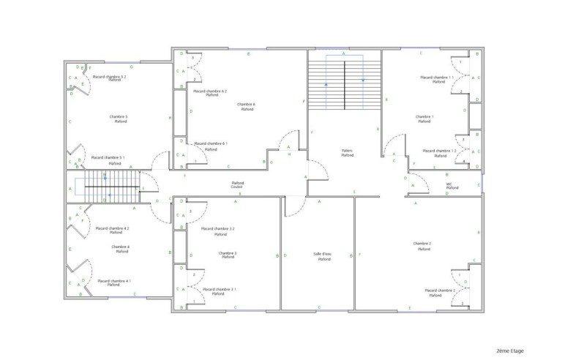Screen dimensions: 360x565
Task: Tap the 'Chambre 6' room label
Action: coord(246,105)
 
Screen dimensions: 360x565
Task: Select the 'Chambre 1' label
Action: coord(424,116)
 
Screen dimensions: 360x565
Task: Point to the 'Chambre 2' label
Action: coord(422,244)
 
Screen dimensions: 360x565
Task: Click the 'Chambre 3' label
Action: coord(228,253)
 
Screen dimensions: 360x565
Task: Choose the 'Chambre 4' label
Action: coord(121,247)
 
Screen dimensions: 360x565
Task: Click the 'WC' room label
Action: coord(451,184)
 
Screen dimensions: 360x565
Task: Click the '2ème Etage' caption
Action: coord(510,350)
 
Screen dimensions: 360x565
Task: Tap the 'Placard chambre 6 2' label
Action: coord(211,91)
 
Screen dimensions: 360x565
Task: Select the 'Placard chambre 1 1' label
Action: coord(438,77)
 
